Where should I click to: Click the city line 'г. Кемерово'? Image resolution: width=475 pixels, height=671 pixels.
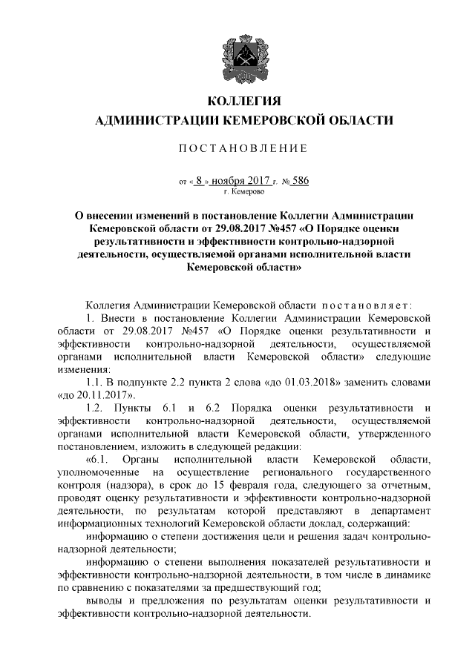coord(237,191)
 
